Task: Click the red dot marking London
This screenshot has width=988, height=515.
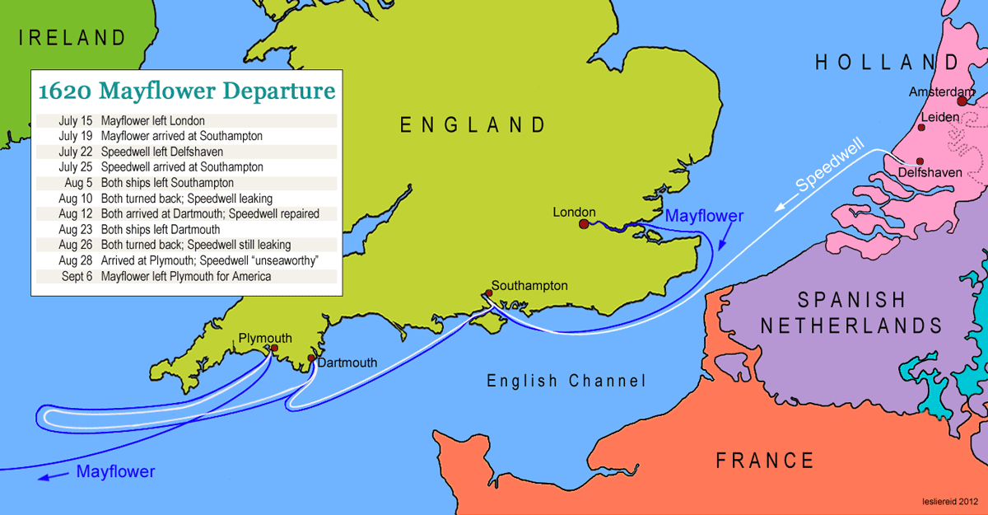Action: (584, 223)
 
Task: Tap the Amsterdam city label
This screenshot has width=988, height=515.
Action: (942, 92)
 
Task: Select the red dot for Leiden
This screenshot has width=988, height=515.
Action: (921, 128)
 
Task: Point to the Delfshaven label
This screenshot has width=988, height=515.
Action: (928, 173)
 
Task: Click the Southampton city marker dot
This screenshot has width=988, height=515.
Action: (489, 293)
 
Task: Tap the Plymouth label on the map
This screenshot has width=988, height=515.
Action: (265, 338)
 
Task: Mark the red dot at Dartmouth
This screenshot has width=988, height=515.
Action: (311, 358)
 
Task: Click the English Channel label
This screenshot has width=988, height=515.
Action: (566, 381)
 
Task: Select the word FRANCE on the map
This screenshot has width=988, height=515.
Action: (764, 460)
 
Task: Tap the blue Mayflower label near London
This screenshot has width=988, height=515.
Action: (704, 216)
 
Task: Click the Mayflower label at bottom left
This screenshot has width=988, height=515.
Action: (115, 472)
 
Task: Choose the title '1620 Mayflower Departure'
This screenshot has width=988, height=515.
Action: (187, 89)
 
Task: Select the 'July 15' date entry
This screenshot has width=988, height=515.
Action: (76, 120)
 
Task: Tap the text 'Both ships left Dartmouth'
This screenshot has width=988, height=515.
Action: (161, 229)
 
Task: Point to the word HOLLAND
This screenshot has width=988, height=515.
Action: (887, 63)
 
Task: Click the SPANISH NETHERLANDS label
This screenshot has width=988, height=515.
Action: (851, 312)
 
